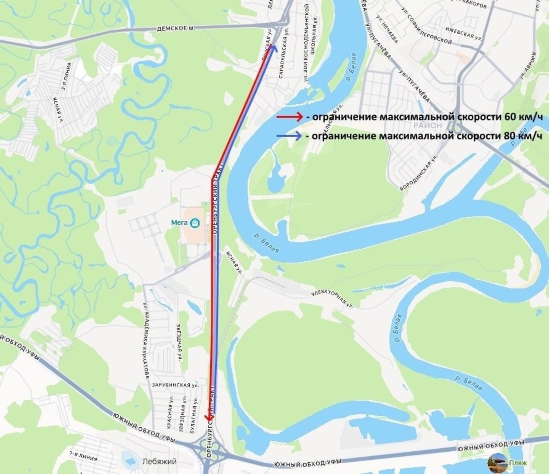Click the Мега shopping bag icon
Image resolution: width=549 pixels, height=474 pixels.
click(x=195, y=223)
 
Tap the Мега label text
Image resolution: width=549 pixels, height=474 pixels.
click(x=179, y=223)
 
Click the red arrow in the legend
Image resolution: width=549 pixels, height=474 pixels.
click(x=290, y=117)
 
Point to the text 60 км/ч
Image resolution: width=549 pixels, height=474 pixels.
click(x=523, y=117)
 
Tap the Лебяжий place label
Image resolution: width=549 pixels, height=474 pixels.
click(x=160, y=461)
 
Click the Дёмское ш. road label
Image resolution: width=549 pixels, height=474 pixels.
click(x=175, y=28)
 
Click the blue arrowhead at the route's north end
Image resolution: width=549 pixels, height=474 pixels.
click(x=273, y=47)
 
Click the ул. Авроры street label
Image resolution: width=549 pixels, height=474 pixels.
click(x=527, y=65)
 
